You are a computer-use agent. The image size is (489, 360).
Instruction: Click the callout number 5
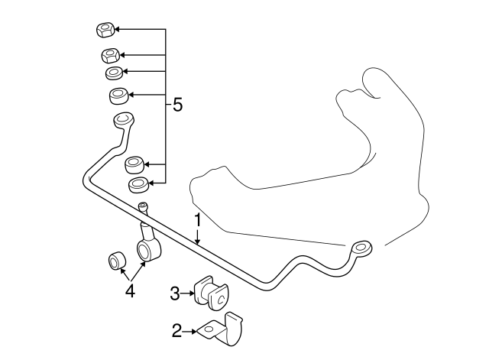click(177, 105)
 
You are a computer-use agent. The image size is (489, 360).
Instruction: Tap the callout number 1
click(197, 221)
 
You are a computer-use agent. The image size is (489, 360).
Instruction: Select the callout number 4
click(131, 292)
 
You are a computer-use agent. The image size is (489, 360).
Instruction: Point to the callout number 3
click(175, 294)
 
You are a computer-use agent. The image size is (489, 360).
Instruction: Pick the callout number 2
click(176, 331)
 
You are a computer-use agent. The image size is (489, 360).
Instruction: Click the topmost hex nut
click(105, 30)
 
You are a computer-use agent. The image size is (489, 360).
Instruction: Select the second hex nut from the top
click(111, 56)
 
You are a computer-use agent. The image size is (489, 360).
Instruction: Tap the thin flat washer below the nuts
click(114, 73)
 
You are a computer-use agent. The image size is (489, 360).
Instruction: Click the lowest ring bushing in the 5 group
click(138, 185)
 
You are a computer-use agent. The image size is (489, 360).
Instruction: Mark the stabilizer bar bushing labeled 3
click(211, 293)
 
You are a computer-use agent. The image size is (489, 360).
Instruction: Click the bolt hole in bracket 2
click(209, 329)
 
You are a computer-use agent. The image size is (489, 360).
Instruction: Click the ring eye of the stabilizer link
click(148, 250)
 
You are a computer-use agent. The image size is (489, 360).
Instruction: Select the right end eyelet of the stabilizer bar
click(361, 248)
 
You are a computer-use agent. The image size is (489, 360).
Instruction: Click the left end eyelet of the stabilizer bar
click(123, 119)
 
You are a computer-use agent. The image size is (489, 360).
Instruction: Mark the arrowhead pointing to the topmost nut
click(118, 29)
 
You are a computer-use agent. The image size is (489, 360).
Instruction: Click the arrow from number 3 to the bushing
click(187, 294)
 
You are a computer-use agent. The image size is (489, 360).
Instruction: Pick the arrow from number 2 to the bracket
click(189, 331)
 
